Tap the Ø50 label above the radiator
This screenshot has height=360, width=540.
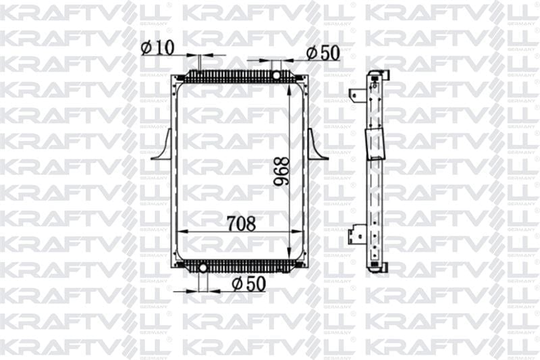(323, 53)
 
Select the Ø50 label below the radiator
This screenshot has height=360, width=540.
(248, 284)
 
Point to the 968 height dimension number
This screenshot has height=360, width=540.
(281, 172)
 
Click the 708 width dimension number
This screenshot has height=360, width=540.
(242, 224)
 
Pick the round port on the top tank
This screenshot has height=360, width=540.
(277, 75)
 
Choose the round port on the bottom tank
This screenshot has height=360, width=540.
(203, 267)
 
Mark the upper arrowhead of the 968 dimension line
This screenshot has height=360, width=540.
(289, 90)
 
